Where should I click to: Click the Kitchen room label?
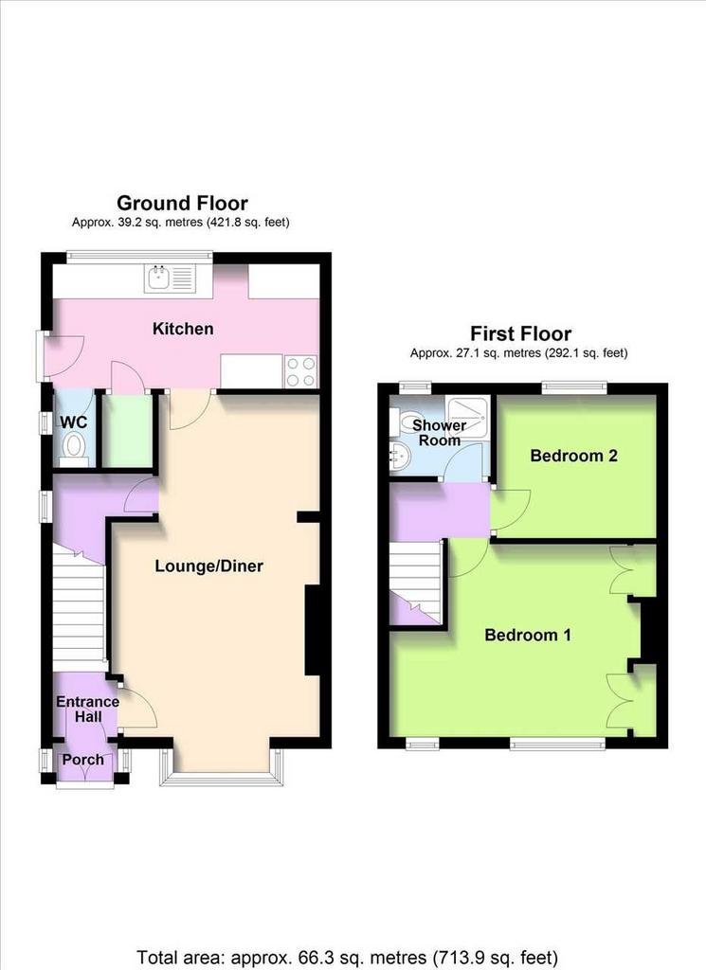coord(183,329)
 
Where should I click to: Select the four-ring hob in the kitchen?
coord(300,371)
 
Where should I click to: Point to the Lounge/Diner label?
coord(209,566)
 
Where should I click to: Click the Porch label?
coord(82,759)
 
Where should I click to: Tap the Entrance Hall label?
coord(88,709)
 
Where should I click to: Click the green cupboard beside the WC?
coord(127,430)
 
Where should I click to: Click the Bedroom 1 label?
coord(528,635)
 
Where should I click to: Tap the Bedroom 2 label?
coord(573,456)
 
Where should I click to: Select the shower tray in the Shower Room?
coord(468,413)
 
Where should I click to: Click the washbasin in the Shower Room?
coord(399,458)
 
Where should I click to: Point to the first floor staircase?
coord(416,583)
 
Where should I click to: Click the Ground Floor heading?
coord(183,203)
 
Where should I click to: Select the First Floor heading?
coord(521,334)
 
